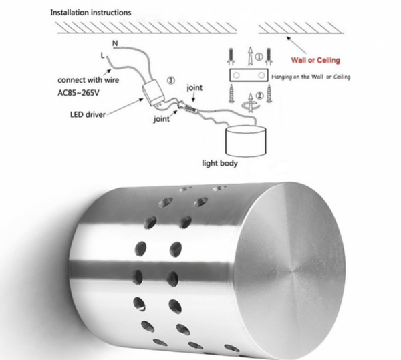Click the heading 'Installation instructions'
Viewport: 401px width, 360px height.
click(x=90, y=13)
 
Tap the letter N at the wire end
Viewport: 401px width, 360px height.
click(x=115, y=43)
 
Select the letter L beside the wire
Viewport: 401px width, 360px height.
click(x=102, y=55)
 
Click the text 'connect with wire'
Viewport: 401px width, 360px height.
click(x=88, y=80)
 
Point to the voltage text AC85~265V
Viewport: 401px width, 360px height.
click(x=78, y=93)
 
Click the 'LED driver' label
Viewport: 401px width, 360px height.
click(x=88, y=114)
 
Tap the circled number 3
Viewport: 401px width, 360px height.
click(x=171, y=81)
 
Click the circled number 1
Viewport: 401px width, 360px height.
click(x=259, y=57)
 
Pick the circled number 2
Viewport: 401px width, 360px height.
click(x=259, y=96)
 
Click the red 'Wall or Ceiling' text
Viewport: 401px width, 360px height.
click(x=315, y=60)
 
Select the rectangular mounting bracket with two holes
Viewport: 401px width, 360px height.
click(x=249, y=75)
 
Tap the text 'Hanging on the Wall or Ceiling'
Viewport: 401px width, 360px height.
click(x=311, y=77)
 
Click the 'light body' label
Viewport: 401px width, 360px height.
click(x=220, y=163)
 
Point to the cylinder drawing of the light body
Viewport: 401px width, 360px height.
click(x=245, y=141)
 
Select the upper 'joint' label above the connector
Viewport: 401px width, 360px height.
click(x=194, y=88)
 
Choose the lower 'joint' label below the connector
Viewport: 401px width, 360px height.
click(x=161, y=119)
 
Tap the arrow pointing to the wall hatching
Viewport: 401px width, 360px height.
click(x=296, y=45)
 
